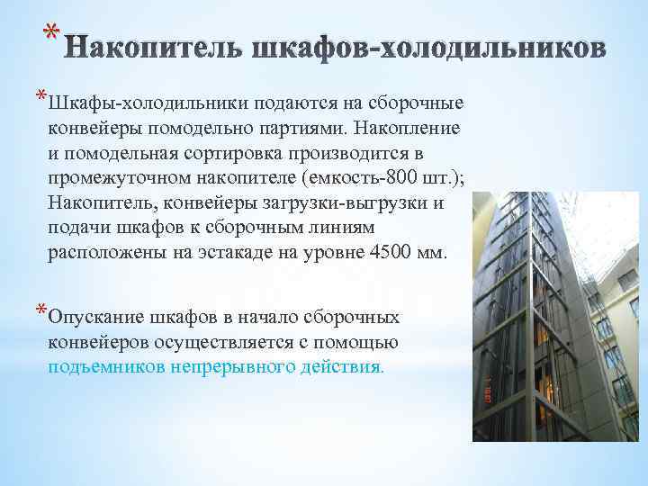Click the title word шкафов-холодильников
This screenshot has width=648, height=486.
pyautogui.click(x=423, y=46)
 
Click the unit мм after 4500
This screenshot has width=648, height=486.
pyautogui.click(x=430, y=252)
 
